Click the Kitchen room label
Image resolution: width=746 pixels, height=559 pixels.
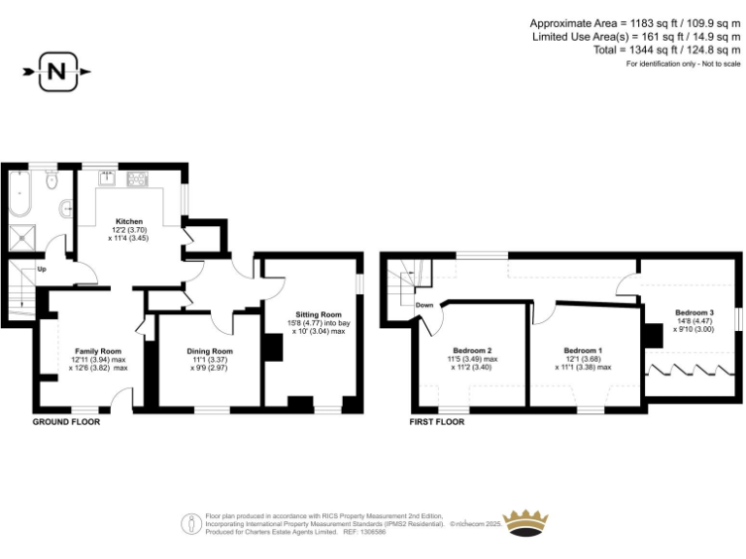tap(129, 221)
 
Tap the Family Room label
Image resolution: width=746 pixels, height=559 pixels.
tap(97, 350)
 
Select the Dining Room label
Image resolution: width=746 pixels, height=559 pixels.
tap(209, 351)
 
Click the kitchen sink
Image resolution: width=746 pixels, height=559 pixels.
tap(101, 179)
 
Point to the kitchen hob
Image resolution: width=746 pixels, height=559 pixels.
tap(137, 179)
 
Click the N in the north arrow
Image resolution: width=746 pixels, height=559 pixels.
tap(57, 71)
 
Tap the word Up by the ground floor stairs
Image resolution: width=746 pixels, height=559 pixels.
tap(41, 269)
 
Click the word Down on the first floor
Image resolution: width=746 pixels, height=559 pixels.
tap(424, 305)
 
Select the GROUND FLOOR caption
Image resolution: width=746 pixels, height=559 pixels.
tap(66, 422)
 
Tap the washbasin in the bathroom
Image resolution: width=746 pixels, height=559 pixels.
tap(66, 207)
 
